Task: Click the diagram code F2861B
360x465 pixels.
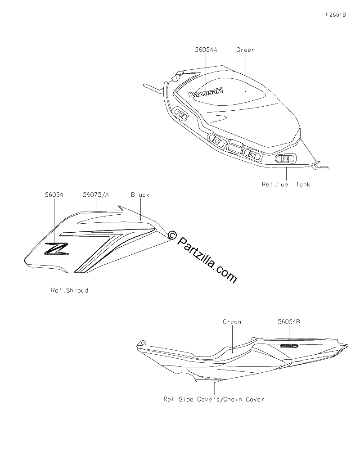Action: click(x=336, y=15)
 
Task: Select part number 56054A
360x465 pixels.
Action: click(x=206, y=50)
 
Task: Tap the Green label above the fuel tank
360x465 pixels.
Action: click(x=246, y=50)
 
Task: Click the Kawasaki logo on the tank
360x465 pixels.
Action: click(x=206, y=93)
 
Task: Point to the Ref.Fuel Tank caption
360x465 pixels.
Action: click(x=286, y=185)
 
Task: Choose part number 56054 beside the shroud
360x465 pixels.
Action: click(x=54, y=195)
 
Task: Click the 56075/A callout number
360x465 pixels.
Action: click(x=96, y=195)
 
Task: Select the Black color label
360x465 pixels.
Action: click(x=140, y=195)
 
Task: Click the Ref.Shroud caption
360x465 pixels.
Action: click(x=70, y=290)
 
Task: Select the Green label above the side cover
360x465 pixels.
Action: click(x=232, y=322)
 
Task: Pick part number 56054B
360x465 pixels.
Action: click(x=289, y=322)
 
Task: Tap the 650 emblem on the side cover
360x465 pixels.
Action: click(x=289, y=346)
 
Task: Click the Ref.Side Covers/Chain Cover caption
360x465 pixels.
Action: click(x=214, y=399)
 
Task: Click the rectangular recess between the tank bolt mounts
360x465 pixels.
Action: click(x=236, y=146)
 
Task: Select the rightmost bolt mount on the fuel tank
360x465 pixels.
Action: click(x=285, y=158)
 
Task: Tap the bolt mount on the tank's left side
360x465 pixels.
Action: click(x=180, y=114)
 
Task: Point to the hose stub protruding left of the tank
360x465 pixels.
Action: click(x=153, y=89)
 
